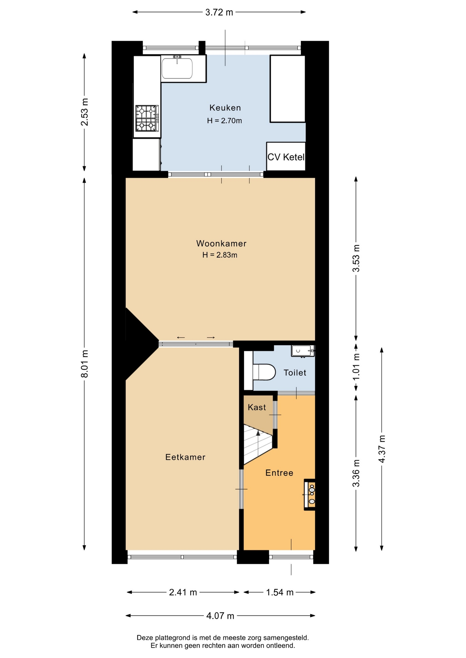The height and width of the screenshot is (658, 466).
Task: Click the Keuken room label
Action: coord(225,108)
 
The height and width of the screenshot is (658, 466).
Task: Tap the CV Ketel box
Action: coord(286,156)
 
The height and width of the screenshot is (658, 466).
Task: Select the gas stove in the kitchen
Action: coord(147,119)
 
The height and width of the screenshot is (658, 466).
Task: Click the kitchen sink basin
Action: coord(177,68)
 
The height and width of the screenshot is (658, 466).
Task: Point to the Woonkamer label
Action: coord(221,244)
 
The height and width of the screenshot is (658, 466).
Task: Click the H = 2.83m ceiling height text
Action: coord(220,255)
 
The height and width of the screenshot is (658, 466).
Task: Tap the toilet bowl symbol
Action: coord(264,372)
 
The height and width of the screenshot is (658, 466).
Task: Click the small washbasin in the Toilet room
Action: coord(303,351)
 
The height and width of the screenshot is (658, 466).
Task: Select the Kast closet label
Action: coord(257,407)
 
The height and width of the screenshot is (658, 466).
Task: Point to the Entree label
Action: coord(279,473)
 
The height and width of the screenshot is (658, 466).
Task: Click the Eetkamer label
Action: coord(185,457)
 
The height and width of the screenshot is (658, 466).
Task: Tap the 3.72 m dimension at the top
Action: coord(219,12)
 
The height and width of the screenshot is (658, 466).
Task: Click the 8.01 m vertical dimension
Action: coord(84,364)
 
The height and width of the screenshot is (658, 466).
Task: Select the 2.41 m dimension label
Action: coord(183,592)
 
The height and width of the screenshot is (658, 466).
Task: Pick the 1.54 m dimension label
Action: coord(280,592)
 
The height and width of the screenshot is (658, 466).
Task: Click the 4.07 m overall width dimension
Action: coord(220,616)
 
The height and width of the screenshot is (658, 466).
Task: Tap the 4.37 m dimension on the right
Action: coord(382,449)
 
